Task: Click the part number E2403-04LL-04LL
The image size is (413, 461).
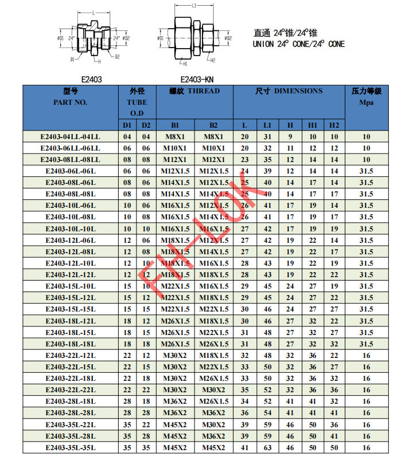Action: click(70, 137)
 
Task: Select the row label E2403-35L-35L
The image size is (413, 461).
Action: click(70, 448)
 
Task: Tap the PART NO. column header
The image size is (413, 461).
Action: click(70, 102)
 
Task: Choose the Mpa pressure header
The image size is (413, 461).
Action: click(366, 103)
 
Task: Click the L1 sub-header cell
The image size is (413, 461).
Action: click(267, 125)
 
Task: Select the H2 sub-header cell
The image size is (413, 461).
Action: click(334, 125)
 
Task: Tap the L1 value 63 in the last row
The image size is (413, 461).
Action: click(267, 448)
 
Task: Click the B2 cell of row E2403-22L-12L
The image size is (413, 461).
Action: click(213, 356)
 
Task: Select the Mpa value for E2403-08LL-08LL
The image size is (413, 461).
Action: click(366, 160)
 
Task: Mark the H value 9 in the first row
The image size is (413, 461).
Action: click(290, 137)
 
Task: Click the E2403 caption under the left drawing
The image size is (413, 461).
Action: click(92, 80)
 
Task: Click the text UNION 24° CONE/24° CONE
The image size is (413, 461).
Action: click(299, 44)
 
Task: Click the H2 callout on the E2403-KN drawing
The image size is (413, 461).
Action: click(212, 60)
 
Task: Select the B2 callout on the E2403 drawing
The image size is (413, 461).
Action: click(116, 57)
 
